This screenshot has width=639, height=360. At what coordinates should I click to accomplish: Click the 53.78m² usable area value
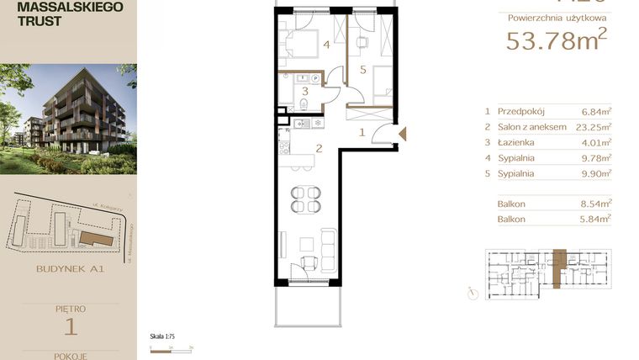pyautogui.click(x=556, y=40)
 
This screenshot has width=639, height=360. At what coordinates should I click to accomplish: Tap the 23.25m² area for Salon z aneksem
pyautogui.click(x=596, y=127)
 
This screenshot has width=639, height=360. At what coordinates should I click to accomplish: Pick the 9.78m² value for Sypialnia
pyautogui.click(x=596, y=159)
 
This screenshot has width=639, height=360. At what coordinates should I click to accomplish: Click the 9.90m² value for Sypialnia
pyautogui.click(x=596, y=175)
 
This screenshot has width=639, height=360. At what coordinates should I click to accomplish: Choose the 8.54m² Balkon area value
pyautogui.click(x=596, y=204)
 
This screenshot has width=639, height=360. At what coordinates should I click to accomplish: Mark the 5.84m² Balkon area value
pyautogui.click(x=596, y=219)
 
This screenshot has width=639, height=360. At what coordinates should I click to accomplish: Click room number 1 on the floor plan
pyautogui.click(x=362, y=132)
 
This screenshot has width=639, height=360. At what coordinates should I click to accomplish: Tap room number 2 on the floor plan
pyautogui.click(x=319, y=151)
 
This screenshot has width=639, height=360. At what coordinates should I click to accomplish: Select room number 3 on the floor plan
pyautogui.click(x=306, y=91)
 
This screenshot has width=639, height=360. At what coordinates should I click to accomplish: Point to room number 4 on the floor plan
pyautogui.click(x=325, y=46)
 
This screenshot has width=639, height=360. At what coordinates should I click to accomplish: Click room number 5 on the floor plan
pyautogui.click(x=362, y=70)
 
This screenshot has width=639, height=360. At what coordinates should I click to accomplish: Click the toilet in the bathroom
pyautogui.click(x=302, y=105)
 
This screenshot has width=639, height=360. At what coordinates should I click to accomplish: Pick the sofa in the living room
pyautogui.click(x=327, y=246)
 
